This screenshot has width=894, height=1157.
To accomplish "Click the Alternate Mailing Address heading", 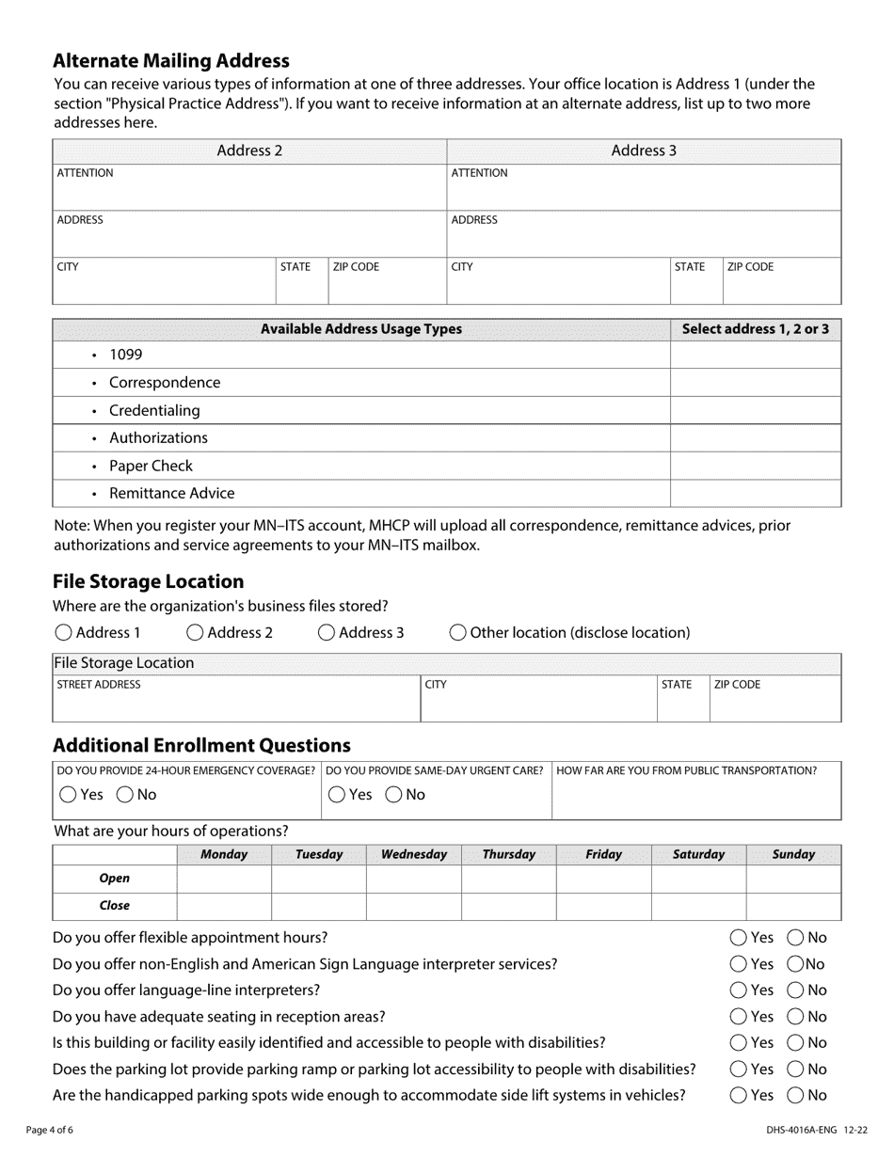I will [x=170, y=61].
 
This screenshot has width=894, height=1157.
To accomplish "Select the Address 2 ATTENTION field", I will [x=248, y=193].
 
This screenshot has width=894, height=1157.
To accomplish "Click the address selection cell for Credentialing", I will [x=755, y=410].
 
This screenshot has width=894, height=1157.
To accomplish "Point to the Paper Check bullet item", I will [x=151, y=466].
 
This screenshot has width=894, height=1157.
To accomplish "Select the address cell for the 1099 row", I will [x=755, y=355].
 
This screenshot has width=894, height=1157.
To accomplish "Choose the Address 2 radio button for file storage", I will [x=195, y=633].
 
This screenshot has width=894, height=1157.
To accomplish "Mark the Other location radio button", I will [x=457, y=633].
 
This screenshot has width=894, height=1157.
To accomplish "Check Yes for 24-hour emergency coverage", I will [x=68, y=795].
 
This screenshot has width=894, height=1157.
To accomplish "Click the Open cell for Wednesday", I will [x=413, y=879].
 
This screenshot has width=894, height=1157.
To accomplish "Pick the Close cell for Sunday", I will [x=792, y=906].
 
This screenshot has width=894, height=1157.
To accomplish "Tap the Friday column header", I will [x=603, y=854].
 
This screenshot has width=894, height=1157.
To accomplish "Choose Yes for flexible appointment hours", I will [x=739, y=938].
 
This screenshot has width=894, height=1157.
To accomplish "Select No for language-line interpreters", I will [x=795, y=991].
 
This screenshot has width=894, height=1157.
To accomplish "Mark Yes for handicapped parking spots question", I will [x=739, y=1096].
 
